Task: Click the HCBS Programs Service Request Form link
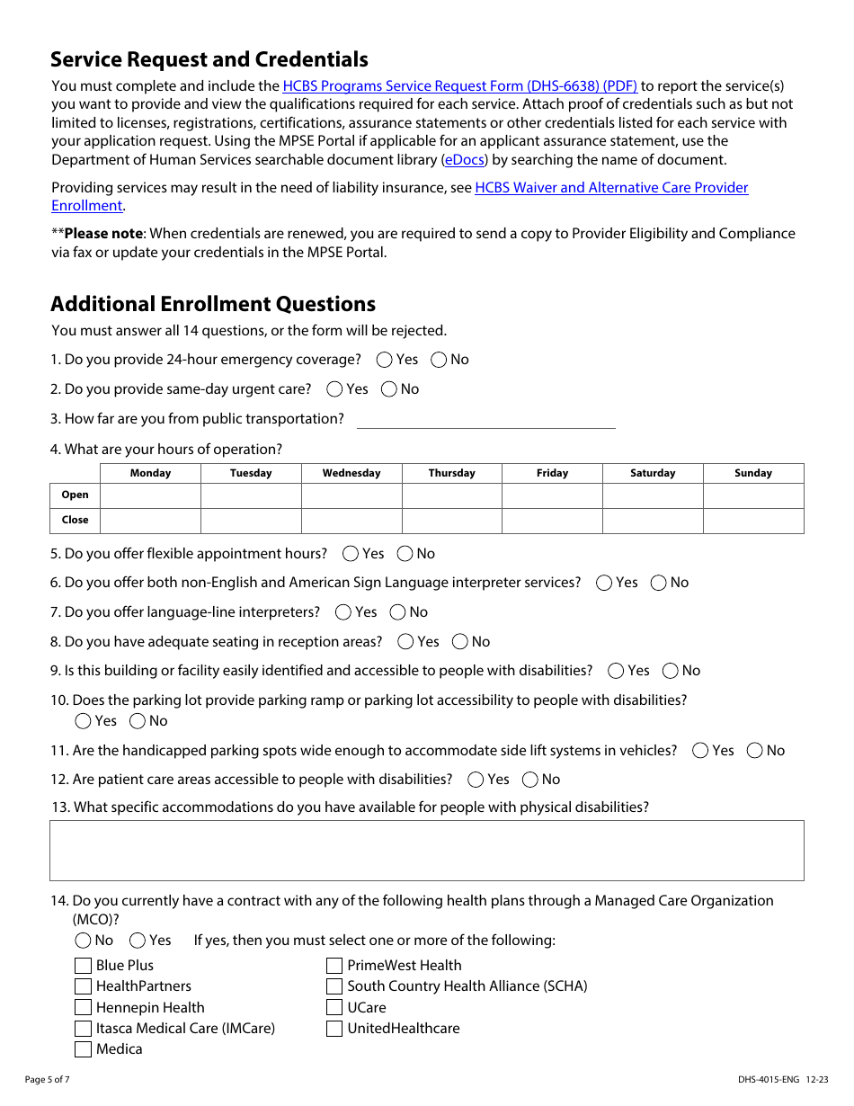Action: point(459,86)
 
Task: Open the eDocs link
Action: point(465,160)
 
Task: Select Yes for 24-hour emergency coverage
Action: point(385,360)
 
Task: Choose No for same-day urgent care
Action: point(389,389)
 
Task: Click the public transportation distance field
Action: point(485,419)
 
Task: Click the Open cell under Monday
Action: point(150,495)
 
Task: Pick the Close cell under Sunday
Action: point(752,521)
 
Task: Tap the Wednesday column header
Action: point(351,473)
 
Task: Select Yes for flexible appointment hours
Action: point(351,554)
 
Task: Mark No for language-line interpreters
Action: point(397,612)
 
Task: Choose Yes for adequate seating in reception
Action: point(405,642)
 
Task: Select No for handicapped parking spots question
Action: point(755,751)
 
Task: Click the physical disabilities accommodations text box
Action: point(426,850)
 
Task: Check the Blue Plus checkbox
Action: point(84,966)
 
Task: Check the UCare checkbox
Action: point(334,1008)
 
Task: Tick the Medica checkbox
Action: point(84,1049)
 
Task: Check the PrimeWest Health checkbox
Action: point(334,966)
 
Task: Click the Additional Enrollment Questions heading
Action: point(213,304)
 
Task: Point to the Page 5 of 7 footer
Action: point(47,1080)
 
